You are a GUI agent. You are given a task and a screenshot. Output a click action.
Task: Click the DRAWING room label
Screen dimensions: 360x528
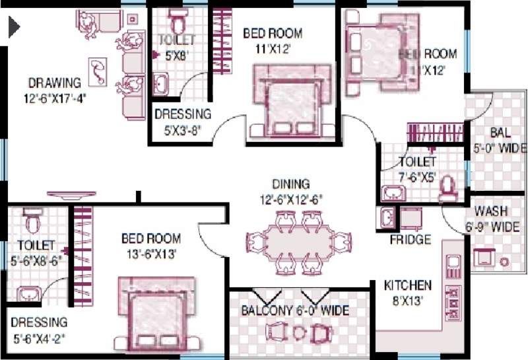(54, 83)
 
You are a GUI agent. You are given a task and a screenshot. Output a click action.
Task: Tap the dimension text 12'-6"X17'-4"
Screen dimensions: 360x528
(54, 98)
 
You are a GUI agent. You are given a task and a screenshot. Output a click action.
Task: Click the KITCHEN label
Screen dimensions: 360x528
(408, 285)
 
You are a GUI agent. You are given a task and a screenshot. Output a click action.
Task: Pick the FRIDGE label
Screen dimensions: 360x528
(410, 239)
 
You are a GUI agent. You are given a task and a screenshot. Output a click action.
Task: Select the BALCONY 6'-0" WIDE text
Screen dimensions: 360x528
(294, 310)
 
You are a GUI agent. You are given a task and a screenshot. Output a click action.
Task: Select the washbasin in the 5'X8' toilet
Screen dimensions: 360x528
(161, 83)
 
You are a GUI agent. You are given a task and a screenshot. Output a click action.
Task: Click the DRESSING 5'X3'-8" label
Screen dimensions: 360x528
(182, 114)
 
